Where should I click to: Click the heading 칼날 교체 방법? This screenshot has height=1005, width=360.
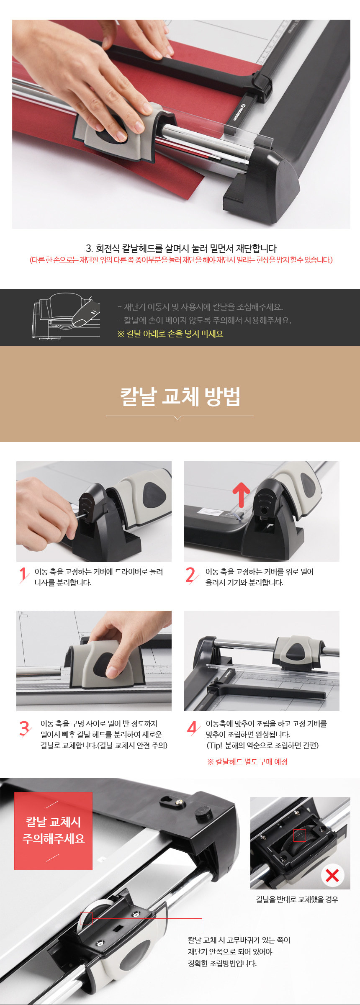coord(180,396)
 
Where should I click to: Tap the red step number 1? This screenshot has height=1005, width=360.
coord(24,575)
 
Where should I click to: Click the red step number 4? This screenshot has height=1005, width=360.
coord(192,728)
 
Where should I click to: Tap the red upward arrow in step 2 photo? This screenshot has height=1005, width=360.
coord(241,494)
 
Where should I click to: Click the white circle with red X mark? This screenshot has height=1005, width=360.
coord(332,875)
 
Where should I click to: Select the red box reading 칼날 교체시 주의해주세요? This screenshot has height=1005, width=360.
coord(53,831)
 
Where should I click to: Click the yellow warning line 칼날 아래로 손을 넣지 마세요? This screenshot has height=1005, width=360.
coord(170,334)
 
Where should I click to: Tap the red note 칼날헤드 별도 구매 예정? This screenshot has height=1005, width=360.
coord(247,761)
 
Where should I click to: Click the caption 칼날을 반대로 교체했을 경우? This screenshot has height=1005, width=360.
coord(297,899)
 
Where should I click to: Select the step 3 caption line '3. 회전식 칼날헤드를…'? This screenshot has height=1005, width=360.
coord(181,248)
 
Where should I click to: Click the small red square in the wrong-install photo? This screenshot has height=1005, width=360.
coord(299,835)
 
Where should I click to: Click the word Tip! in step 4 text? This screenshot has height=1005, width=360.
coord(215,745)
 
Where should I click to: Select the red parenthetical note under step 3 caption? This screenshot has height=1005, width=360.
coord(181,260)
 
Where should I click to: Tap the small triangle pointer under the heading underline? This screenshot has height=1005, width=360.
coord(178,418)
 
